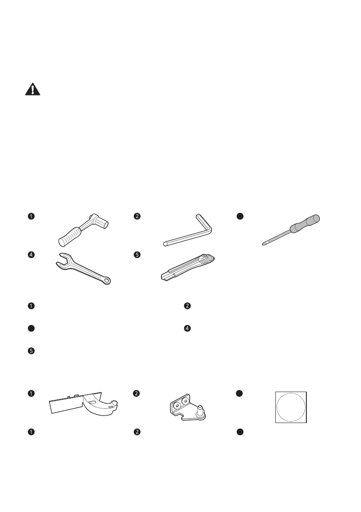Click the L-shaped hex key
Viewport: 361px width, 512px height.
pos(189,235)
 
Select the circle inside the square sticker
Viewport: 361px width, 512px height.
pos(291,407)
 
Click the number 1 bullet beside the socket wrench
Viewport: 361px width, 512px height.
pos(31,216)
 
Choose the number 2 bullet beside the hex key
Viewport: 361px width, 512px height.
pos(136,216)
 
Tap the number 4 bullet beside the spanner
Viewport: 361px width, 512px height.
pos(31,254)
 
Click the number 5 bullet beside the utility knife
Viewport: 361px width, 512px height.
pos(136,254)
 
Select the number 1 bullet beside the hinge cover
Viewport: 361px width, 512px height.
pos(31,392)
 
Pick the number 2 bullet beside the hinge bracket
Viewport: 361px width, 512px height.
pos(136,392)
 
